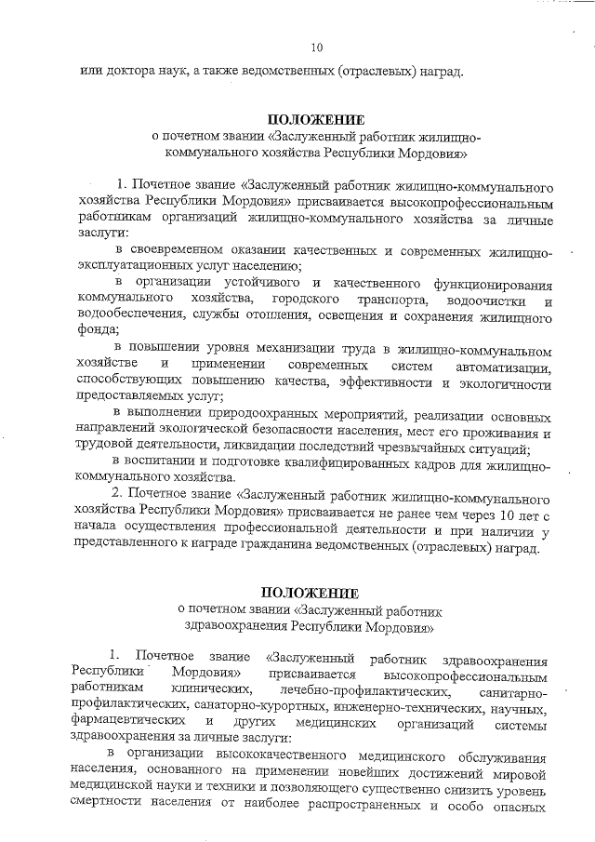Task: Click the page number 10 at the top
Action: click(x=317, y=47)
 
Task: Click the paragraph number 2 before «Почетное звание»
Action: click(x=116, y=490)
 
